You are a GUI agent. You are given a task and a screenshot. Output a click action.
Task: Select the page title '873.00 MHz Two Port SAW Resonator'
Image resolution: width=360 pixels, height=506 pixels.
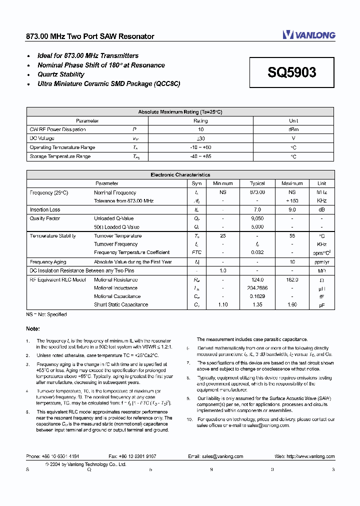coord(90,36)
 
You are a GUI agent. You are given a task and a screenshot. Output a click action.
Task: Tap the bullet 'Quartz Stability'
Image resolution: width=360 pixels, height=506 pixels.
coord(61,74)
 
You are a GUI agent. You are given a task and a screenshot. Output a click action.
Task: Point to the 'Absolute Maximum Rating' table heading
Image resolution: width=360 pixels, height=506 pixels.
coord(180,112)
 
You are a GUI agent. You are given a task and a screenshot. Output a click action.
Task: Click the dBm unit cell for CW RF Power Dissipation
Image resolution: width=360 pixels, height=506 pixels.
coord(293,129)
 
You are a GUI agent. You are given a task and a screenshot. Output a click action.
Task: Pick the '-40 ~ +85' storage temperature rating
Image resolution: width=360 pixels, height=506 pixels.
coord(200,157)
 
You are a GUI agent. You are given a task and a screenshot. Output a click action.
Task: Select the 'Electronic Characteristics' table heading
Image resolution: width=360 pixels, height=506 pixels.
coord(180,175)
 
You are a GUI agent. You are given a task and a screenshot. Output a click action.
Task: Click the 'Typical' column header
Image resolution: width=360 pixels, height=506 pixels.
coord(257,183)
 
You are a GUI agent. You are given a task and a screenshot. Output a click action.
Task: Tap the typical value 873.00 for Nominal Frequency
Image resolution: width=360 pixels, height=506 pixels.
coord(257,192)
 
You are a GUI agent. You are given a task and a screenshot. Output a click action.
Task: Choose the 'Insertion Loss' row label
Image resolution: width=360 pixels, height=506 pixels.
coord(45,210)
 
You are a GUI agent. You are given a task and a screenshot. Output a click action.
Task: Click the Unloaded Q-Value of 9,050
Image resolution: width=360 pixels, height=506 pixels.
coord(257,218)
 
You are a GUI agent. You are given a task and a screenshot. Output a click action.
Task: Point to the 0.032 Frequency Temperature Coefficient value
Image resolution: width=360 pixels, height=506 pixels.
coord(257,252)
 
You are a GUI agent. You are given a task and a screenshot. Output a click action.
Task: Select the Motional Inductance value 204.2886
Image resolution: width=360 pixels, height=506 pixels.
coord(257,288)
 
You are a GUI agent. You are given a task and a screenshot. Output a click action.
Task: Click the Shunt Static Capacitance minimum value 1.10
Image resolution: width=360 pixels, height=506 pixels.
coord(223,304)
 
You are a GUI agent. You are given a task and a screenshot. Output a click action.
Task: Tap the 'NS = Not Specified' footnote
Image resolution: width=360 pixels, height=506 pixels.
coord(46,314)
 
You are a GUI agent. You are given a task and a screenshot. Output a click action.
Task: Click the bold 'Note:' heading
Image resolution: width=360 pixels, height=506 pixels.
coord(33,328)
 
